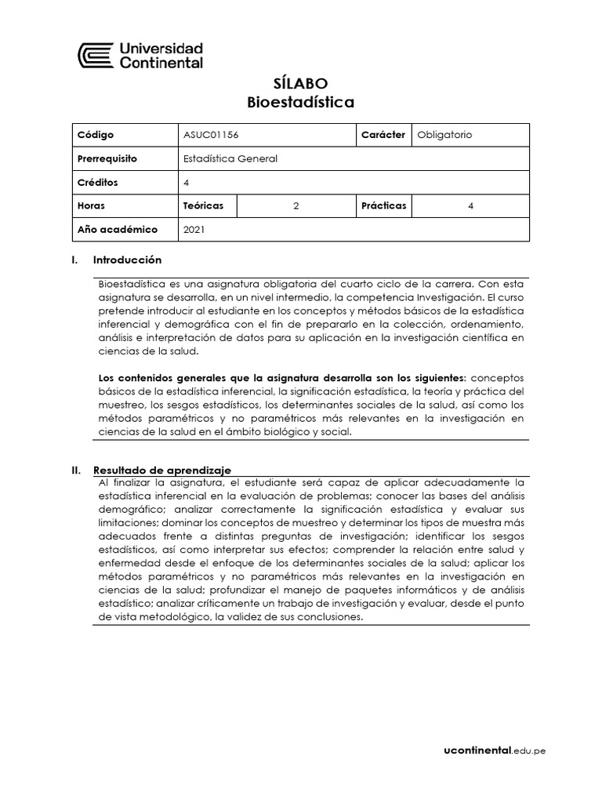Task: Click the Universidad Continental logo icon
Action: click(x=96, y=56)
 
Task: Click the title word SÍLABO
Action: click(x=300, y=83)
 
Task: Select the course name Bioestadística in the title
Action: click(x=300, y=102)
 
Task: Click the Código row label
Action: click(x=96, y=135)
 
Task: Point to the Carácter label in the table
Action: click(x=383, y=135)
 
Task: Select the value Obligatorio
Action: click(x=444, y=135)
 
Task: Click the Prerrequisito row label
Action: click(x=107, y=158)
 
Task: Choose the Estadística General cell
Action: click(x=230, y=158)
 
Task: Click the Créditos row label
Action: click(x=98, y=182)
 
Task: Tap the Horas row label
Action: click(x=92, y=205)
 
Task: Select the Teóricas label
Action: click(x=203, y=205)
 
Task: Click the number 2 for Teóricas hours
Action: click(x=296, y=205)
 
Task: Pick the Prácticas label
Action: click(x=383, y=205)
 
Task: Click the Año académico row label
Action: click(x=117, y=230)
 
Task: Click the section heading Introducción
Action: click(x=127, y=260)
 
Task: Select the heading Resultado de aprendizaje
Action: click(x=162, y=470)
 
